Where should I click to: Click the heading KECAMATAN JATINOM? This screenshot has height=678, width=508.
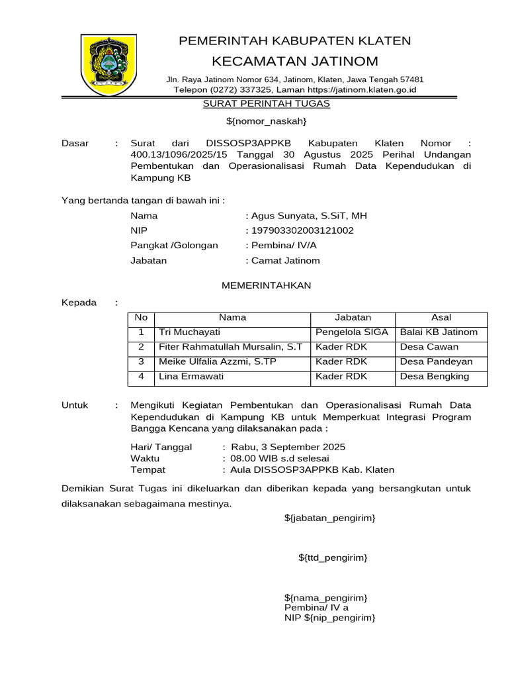[295, 62]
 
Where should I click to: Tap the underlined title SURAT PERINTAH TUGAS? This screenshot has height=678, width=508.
[266, 104]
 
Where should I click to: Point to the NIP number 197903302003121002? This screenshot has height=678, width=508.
[302, 230]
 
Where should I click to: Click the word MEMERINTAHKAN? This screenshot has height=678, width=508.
[265, 285]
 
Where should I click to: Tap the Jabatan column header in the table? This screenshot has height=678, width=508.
[353, 318]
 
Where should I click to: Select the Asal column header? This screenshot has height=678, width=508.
[441, 318]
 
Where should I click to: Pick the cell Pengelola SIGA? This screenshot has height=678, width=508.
[352, 332]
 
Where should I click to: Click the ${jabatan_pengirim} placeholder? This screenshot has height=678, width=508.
[329, 517]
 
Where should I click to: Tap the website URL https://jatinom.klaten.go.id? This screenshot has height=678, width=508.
[362, 89]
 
